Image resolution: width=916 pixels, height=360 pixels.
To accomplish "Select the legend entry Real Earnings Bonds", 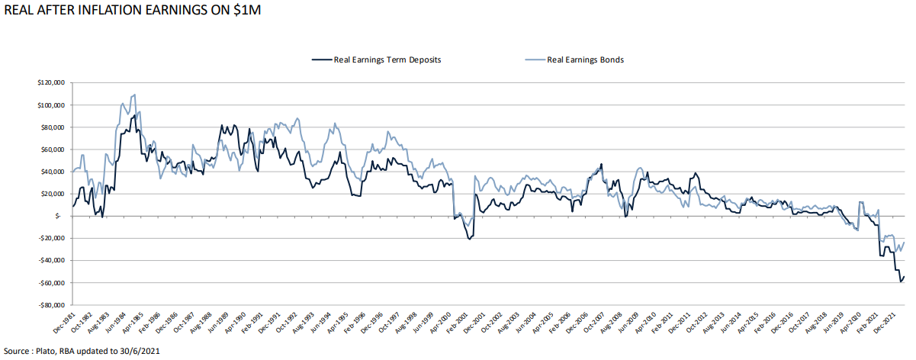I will [585, 59].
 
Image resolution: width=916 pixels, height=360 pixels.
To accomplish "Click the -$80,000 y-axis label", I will [51, 305].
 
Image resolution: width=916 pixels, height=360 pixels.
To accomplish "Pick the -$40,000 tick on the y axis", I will [51, 261].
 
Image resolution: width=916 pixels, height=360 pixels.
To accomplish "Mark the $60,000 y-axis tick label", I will [53, 149].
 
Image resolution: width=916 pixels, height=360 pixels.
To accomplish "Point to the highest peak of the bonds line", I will [135, 95].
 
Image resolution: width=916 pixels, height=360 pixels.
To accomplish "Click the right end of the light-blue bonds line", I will [905, 243].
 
